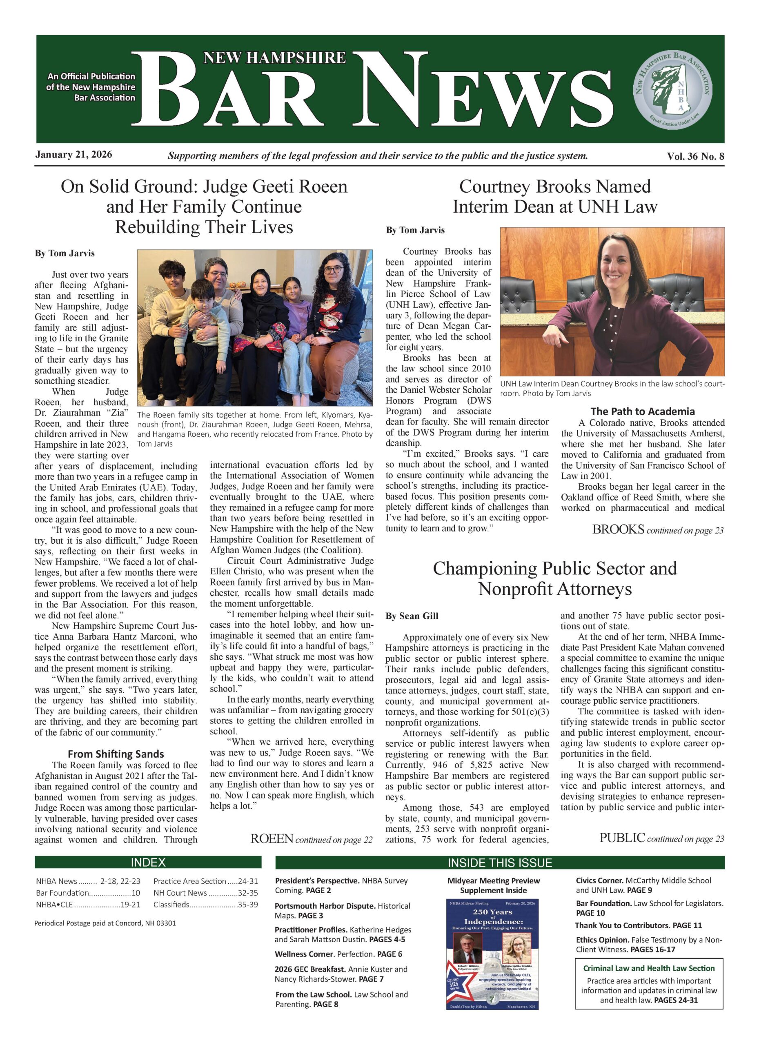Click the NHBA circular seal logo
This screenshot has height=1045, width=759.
(x=673, y=89)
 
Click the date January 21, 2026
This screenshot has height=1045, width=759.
(x=74, y=154)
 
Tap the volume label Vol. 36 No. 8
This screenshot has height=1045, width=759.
(x=695, y=156)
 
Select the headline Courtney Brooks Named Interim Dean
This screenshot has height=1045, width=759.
(x=554, y=196)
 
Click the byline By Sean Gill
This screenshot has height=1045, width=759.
(x=412, y=616)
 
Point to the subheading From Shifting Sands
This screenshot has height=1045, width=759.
(x=116, y=754)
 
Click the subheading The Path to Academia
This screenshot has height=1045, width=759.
(x=642, y=411)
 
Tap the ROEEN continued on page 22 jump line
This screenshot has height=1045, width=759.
(x=311, y=839)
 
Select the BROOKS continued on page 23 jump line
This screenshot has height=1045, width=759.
(x=658, y=530)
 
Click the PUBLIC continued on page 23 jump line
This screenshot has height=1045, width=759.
(x=661, y=838)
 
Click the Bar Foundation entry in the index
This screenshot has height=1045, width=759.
(x=87, y=892)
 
